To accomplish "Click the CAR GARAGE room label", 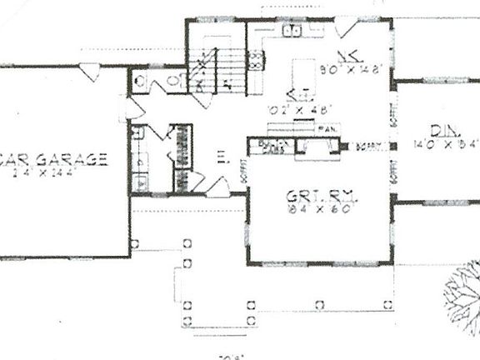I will [x=54, y=159].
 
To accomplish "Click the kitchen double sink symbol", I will [x=291, y=32].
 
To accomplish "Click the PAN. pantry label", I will [x=327, y=128].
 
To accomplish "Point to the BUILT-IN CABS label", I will [x=271, y=147].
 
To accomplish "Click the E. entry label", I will [x=222, y=155].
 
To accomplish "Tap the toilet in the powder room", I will [x=139, y=81].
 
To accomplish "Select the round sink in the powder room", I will [x=172, y=81].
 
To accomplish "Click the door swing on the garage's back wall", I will [x=91, y=72].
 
